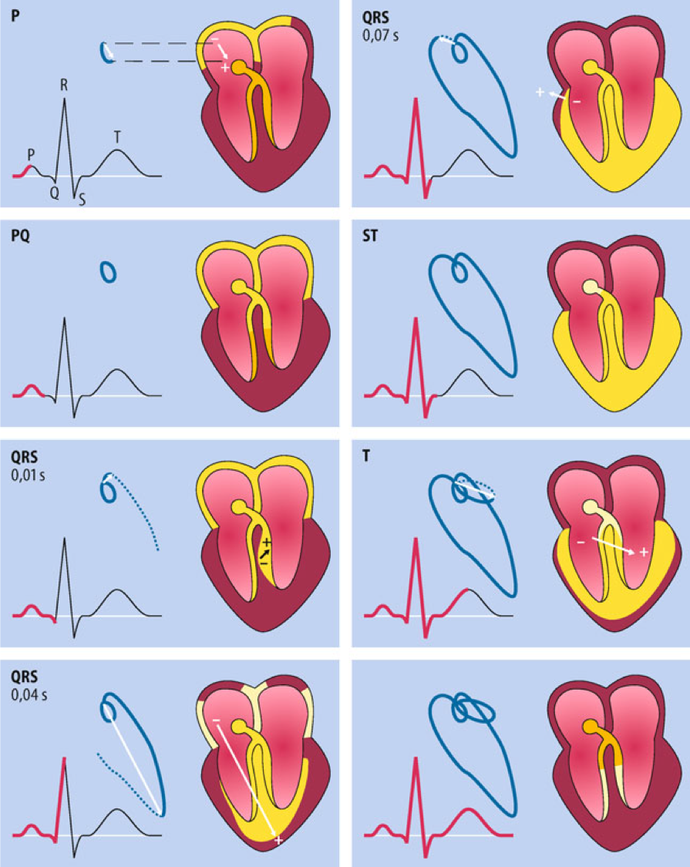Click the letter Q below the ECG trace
[54, 193]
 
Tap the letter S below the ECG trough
[82, 200]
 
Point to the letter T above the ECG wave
[117, 138]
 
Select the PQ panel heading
[21, 236]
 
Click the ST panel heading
[370, 236]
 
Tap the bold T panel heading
[366, 456]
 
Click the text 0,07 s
[380, 36]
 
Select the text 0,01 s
[29, 475]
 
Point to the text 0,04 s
[29, 694]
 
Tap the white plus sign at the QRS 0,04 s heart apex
[278, 840]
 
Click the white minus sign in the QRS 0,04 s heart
[216, 719]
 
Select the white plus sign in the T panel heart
[644, 552]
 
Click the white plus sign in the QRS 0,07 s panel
[540, 92]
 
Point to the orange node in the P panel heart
[238, 68]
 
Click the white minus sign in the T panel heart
[581, 543]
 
